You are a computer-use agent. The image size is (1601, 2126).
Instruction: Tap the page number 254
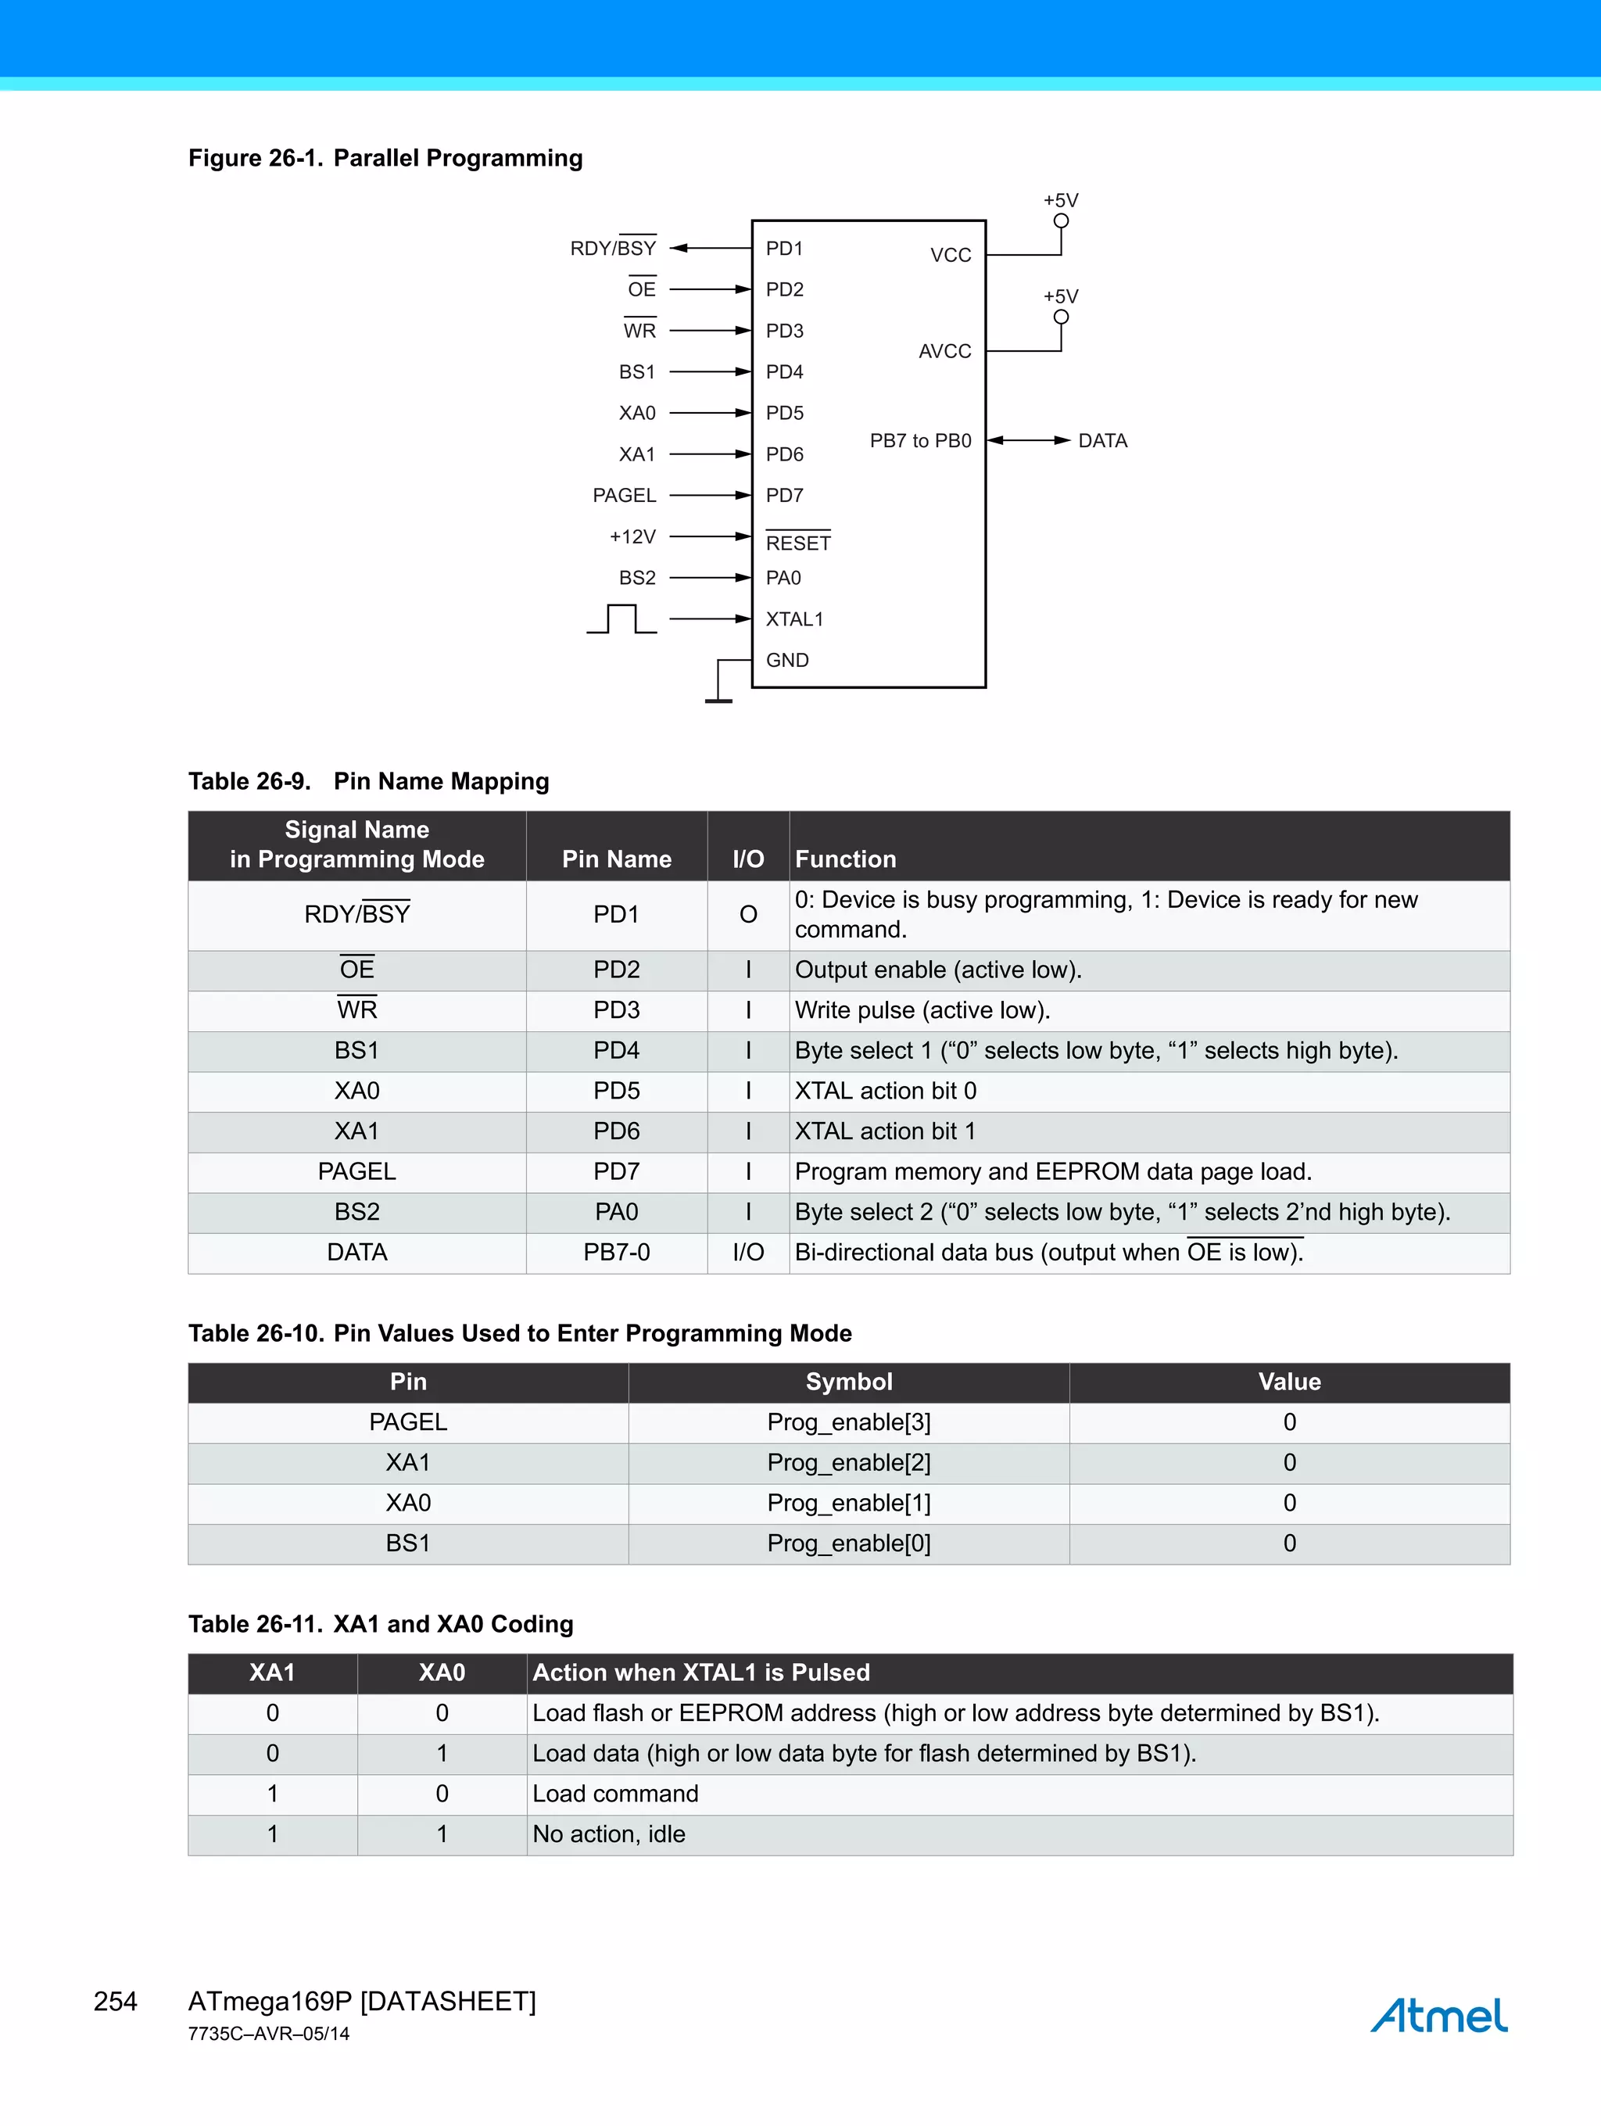point(116,2001)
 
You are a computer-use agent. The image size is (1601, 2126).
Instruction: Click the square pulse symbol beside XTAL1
point(621,619)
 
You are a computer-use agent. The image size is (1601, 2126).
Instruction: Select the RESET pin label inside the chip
point(797,543)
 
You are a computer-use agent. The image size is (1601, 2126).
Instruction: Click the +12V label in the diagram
point(632,536)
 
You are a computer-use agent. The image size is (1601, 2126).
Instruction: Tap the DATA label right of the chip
point(1102,441)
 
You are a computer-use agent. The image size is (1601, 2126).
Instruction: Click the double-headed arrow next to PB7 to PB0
point(1028,440)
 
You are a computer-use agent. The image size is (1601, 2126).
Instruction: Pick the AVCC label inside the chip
point(944,352)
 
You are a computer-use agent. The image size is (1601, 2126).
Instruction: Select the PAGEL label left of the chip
point(624,495)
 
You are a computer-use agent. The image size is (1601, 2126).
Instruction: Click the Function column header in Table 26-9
point(846,859)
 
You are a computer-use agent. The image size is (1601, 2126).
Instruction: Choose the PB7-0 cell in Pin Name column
point(616,1253)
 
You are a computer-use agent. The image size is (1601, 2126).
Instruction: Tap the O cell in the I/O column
point(747,915)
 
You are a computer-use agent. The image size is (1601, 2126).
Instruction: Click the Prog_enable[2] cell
point(848,1463)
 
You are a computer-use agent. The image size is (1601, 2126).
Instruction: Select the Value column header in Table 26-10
point(1288,1382)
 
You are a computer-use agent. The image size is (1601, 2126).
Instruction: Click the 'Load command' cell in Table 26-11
point(615,1794)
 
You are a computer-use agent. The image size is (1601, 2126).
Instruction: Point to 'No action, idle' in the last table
point(608,1835)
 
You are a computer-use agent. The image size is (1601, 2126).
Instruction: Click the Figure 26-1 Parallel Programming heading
point(385,158)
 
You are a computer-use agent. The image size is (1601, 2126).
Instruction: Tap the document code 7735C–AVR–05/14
point(269,2034)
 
